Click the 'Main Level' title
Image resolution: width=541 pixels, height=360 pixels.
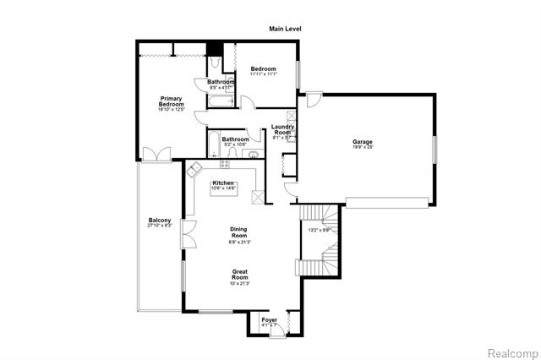285,29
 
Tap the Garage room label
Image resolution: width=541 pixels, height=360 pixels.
363,142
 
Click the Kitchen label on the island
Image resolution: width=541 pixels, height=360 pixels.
223,183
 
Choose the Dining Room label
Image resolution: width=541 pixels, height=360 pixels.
240,232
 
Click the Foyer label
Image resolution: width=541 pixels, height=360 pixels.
269,320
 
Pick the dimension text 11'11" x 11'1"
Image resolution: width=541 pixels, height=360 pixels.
264,74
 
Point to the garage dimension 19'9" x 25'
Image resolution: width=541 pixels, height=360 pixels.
363,147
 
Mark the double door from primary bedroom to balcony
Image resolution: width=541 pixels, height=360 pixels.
156,155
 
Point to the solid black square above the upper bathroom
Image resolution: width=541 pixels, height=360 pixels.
215,48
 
